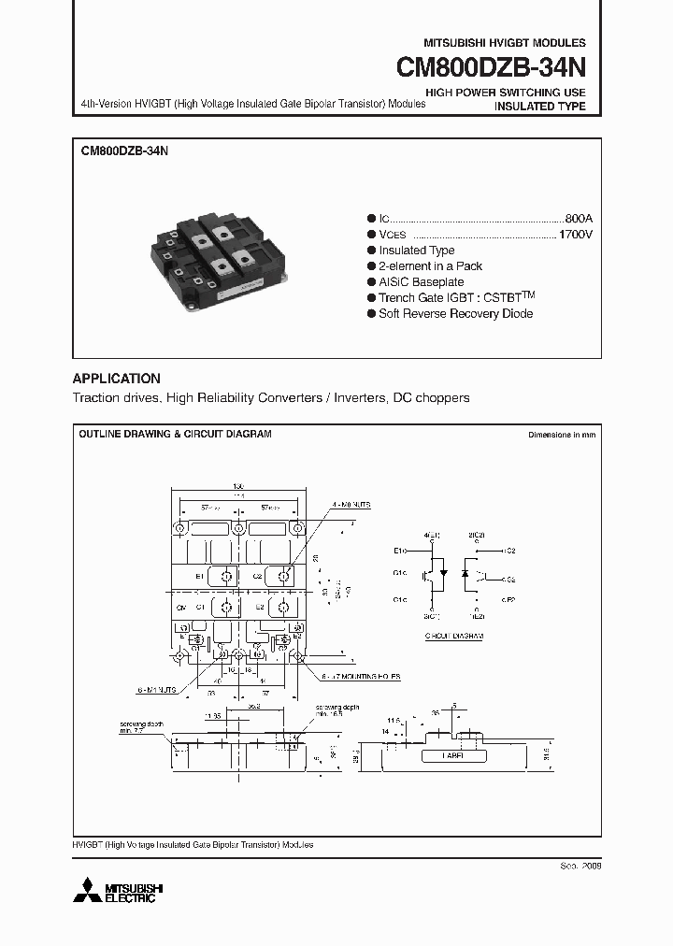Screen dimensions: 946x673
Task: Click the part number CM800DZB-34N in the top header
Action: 492,68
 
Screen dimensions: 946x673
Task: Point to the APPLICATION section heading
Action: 117,379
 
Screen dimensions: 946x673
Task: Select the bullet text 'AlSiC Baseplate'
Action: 421,281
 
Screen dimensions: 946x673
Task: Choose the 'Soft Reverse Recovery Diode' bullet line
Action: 455,313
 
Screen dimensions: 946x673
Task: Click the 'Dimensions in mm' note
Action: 561,436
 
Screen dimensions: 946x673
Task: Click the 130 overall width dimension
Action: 237,487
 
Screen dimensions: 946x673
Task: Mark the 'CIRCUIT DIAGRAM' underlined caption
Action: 454,636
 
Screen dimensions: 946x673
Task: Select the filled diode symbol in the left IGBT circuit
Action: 442,572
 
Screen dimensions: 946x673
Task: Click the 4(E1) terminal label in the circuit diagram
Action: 431,535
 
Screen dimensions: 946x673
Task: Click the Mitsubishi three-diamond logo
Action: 91,890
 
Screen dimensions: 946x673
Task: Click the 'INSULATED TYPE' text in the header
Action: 539,107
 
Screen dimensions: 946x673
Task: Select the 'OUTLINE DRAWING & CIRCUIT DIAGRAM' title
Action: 175,435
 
